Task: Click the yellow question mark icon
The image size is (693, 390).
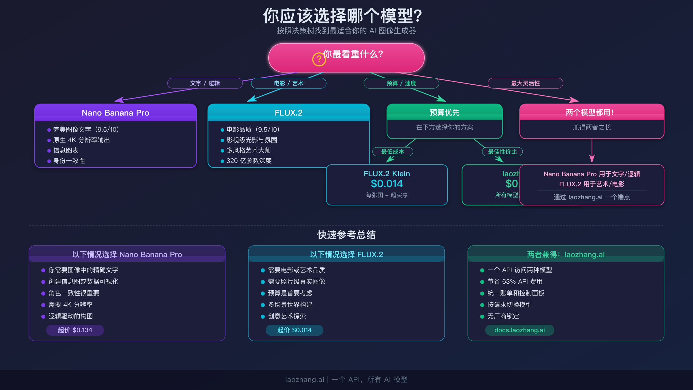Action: [x=319, y=59]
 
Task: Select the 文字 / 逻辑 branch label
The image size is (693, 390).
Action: [x=205, y=83]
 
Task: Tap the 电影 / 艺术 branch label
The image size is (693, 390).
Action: [x=288, y=83]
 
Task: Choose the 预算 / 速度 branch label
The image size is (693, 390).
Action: [x=401, y=83]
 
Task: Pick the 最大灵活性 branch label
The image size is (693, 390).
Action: [x=525, y=83]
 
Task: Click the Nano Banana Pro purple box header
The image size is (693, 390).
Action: [x=115, y=113]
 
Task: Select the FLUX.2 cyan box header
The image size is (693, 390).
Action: [x=288, y=113]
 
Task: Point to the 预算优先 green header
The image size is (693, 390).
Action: [x=444, y=112]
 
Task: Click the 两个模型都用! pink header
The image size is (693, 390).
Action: [x=592, y=112]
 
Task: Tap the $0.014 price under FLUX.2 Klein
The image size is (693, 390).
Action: [x=387, y=184]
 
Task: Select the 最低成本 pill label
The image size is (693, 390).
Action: [x=392, y=152]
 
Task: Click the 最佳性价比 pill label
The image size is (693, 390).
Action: [x=502, y=152]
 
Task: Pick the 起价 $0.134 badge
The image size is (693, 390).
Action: [x=75, y=330]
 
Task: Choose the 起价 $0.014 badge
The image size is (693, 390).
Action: [x=294, y=330]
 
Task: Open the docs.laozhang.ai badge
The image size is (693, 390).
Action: [x=519, y=330]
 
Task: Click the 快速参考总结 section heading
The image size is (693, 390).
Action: [x=346, y=235]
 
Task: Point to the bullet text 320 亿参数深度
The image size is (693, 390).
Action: [x=249, y=161]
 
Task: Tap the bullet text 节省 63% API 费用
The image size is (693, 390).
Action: [x=515, y=282]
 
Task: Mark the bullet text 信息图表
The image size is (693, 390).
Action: [x=66, y=151]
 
